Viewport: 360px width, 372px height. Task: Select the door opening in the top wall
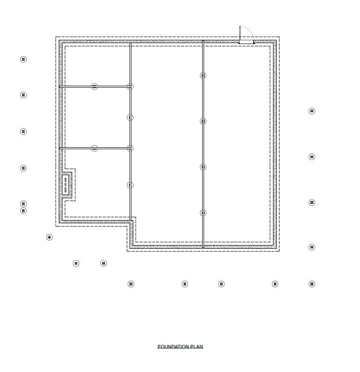tap(247, 42)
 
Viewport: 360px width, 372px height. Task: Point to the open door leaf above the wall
tap(240, 33)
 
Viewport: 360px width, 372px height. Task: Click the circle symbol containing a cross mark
tap(50, 237)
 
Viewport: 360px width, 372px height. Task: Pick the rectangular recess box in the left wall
tap(66, 184)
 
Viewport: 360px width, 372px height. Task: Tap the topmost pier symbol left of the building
tap(24, 59)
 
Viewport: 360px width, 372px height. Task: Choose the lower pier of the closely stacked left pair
tap(24, 211)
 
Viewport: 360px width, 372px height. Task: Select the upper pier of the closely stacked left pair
tap(24, 204)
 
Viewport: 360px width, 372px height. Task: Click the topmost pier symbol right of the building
tap(312, 111)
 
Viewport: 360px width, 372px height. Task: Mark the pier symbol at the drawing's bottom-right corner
tap(312, 284)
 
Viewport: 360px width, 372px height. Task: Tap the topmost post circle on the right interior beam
tap(203, 76)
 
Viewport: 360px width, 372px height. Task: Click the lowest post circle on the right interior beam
tap(203, 213)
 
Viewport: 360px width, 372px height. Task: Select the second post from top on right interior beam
tap(203, 121)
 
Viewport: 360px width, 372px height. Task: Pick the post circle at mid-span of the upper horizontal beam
tap(94, 87)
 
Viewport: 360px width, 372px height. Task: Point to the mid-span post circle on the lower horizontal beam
tap(94, 148)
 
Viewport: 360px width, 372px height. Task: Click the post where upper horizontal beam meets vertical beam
tap(130, 87)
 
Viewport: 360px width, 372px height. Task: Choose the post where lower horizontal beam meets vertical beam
tap(130, 148)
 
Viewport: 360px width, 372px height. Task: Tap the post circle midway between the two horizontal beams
tap(130, 118)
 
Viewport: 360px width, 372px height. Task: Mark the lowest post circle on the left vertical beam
tap(130, 185)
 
